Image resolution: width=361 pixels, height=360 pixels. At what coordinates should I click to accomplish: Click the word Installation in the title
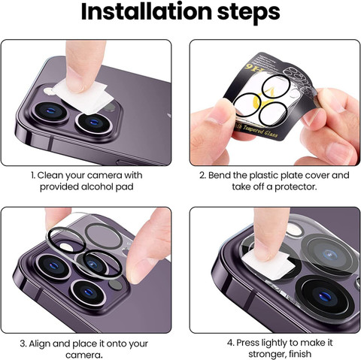click(x=147, y=11)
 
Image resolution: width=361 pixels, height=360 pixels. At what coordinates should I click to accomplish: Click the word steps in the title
click(x=248, y=13)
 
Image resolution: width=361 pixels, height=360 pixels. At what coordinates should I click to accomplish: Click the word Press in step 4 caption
click(x=249, y=343)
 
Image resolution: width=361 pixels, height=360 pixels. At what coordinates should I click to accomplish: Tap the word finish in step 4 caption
click(x=300, y=354)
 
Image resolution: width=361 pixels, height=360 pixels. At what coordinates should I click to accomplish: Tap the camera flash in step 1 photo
click(x=48, y=91)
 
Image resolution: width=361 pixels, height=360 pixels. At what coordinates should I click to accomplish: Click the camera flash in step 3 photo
click(x=66, y=247)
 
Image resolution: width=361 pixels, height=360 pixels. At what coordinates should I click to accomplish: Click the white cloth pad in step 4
click(x=268, y=265)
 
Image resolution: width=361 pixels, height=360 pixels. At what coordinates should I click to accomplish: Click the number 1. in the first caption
click(x=33, y=175)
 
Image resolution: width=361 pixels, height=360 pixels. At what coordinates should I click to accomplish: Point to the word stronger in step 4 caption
click(x=266, y=354)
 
